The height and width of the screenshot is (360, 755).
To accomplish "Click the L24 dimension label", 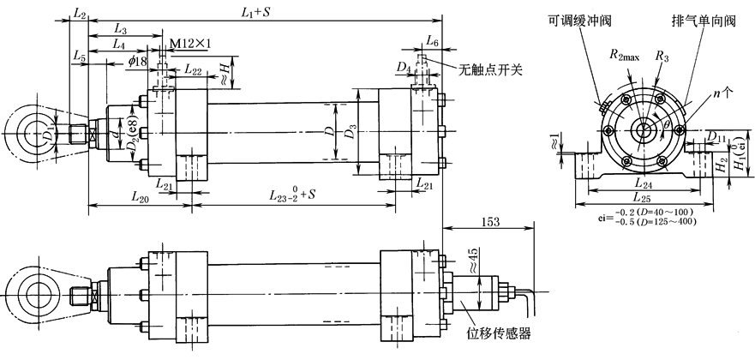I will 635,183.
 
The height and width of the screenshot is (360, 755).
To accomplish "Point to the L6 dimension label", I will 433,42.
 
